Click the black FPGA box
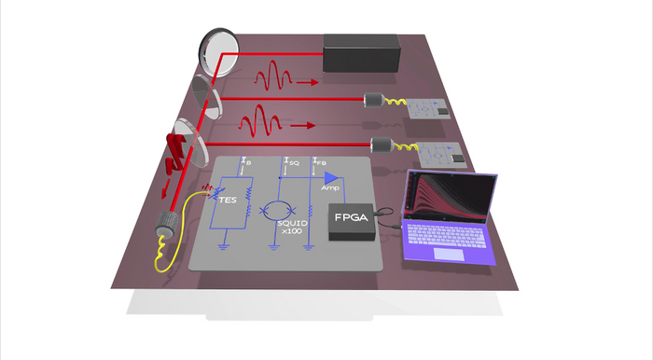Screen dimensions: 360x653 pyautogui.click(x=353, y=222)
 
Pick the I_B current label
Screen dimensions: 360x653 pyautogui.click(x=244, y=161)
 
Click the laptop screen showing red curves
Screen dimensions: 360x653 pyautogui.click(x=450, y=201)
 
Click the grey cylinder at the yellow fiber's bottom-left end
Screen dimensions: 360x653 pyautogui.click(x=167, y=224)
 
